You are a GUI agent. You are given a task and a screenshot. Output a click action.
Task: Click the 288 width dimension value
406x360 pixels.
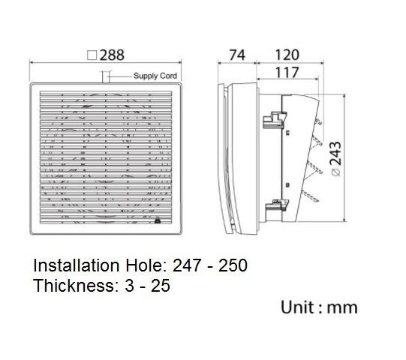112,55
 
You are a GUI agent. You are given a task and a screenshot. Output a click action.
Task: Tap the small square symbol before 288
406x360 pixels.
92,55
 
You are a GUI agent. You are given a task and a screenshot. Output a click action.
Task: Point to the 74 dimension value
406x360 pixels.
236,55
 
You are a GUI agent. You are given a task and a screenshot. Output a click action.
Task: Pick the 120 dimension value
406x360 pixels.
286,55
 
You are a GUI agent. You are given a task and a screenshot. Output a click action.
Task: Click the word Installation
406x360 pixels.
74,265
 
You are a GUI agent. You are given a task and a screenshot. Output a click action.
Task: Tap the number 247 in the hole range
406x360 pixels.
188,265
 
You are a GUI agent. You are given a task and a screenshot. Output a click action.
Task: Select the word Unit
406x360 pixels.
296,307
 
